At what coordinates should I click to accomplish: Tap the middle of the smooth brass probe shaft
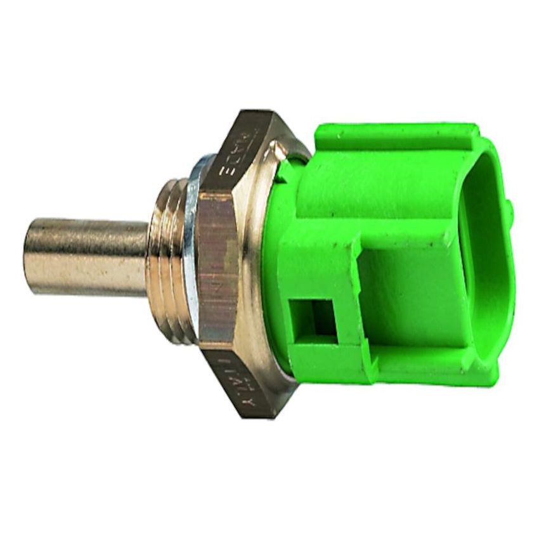point(89,257)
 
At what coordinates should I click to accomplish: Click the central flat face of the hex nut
point(219,266)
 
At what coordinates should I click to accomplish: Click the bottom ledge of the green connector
point(412,368)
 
